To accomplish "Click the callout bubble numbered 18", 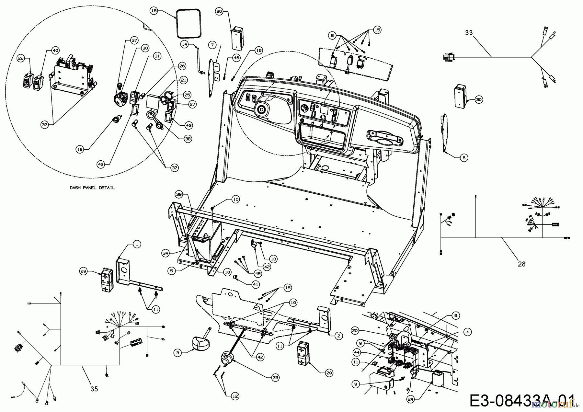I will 154,11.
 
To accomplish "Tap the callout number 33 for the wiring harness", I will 469,33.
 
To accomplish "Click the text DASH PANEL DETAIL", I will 92,188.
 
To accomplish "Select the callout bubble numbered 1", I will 137,245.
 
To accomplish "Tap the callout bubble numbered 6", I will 464,158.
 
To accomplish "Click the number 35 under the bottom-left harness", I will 94,389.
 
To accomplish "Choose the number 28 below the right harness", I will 521,264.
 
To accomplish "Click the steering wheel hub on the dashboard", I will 262,110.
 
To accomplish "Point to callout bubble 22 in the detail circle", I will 21,58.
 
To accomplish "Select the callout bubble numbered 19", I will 80,150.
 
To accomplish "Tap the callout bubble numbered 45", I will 257,274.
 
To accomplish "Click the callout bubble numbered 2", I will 338,336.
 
